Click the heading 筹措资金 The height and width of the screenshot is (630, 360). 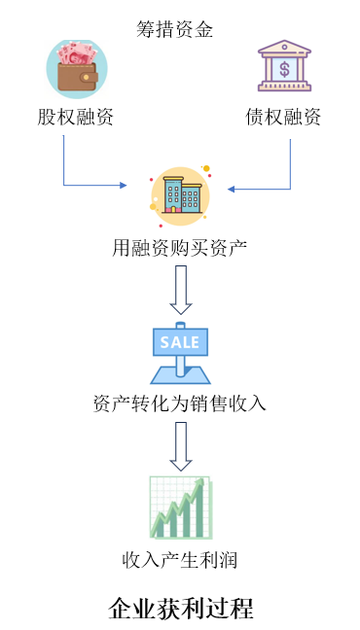[174, 30]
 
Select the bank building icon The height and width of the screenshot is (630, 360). [284, 65]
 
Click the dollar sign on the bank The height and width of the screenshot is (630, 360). [284, 69]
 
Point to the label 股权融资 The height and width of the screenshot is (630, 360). [75, 118]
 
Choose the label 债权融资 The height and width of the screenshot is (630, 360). [283, 118]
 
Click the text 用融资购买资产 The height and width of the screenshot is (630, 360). [179, 249]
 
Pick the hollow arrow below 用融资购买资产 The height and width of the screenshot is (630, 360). [181, 290]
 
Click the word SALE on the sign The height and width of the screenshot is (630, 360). [180, 342]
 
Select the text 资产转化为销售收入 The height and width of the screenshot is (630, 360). [179, 403]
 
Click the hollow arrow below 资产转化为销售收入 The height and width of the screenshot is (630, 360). [181, 446]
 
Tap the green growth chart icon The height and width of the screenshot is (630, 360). [181, 507]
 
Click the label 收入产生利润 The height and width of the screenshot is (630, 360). [179, 560]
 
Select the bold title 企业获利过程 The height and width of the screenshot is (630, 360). [181, 609]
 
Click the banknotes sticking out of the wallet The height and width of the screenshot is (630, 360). [77, 53]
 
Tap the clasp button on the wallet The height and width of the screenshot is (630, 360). [86, 77]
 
